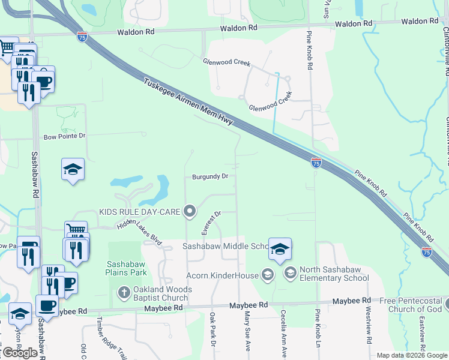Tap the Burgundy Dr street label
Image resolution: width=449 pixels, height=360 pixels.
click(210, 176)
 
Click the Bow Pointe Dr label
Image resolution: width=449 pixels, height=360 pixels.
click(65, 137)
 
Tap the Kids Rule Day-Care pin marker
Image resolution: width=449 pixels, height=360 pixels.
click(190, 211)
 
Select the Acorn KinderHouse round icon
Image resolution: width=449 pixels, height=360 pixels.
click(268, 275)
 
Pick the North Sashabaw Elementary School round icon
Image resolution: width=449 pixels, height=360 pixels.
click(291, 274)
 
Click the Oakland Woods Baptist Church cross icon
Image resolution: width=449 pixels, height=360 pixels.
click(124, 293)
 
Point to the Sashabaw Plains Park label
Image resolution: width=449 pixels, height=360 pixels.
click(127, 268)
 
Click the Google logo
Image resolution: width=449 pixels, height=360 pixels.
click(20, 353)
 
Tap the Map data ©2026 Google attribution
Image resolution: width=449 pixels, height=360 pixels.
click(412, 355)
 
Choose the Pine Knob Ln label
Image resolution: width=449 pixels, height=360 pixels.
click(318, 333)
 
